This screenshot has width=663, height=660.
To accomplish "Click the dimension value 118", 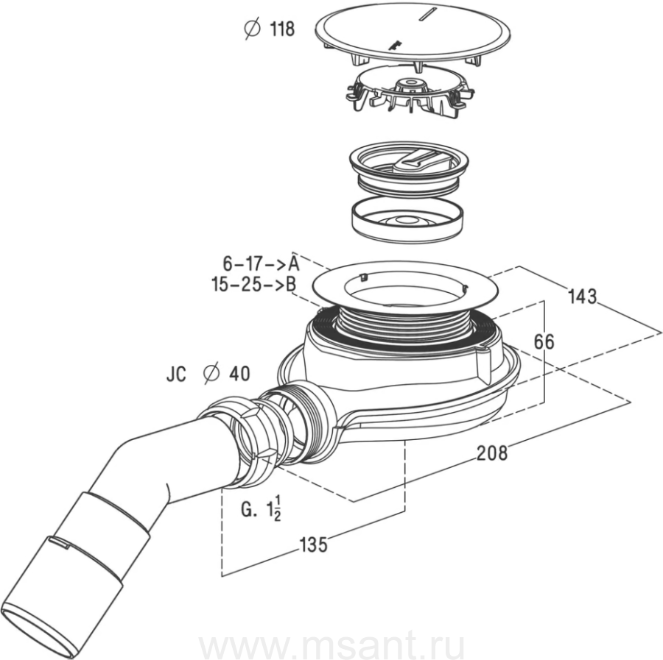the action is pyautogui.click(x=282, y=29).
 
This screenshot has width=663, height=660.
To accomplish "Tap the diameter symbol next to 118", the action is pyautogui.click(x=252, y=29).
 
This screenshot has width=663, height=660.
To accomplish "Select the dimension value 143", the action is pyautogui.click(x=582, y=297).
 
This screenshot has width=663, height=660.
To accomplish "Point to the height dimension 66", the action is pyautogui.click(x=544, y=341).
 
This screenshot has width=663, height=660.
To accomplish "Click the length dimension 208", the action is pyautogui.click(x=492, y=453).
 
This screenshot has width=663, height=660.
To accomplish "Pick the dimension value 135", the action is pyautogui.click(x=314, y=544).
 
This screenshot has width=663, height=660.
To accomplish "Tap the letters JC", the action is pyautogui.click(x=176, y=374).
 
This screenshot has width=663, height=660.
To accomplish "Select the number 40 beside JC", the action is pyautogui.click(x=239, y=374).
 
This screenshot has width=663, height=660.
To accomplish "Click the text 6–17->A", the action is pyautogui.click(x=261, y=264).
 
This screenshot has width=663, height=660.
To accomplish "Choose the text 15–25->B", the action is pyautogui.click(x=253, y=285).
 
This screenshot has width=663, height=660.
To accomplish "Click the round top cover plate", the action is pyautogui.click(x=413, y=34).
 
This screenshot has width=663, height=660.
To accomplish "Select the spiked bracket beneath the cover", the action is pyautogui.click(x=410, y=91).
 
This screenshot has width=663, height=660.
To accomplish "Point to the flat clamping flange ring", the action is pyautogui.click(x=405, y=286).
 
